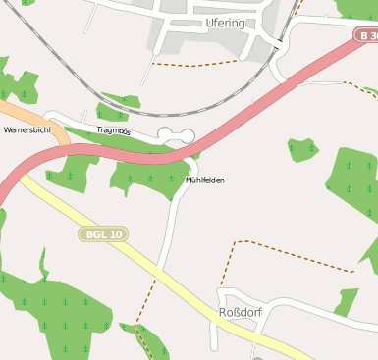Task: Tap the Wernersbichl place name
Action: [27, 129]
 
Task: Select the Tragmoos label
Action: [115, 130]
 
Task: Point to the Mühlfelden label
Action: [204, 180]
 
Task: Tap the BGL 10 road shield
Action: [104, 234]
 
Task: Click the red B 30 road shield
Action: [366, 35]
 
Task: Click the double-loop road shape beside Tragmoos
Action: [176, 134]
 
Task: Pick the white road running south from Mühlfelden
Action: [169, 235]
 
